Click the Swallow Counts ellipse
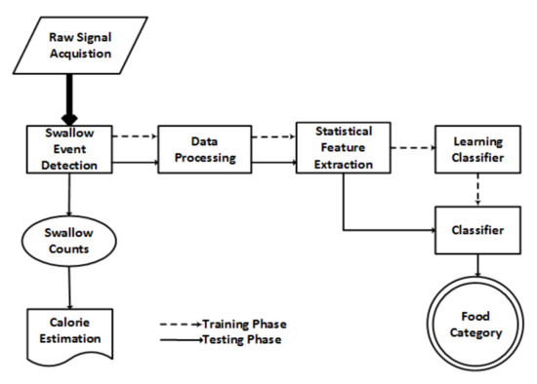[x=68, y=241]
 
